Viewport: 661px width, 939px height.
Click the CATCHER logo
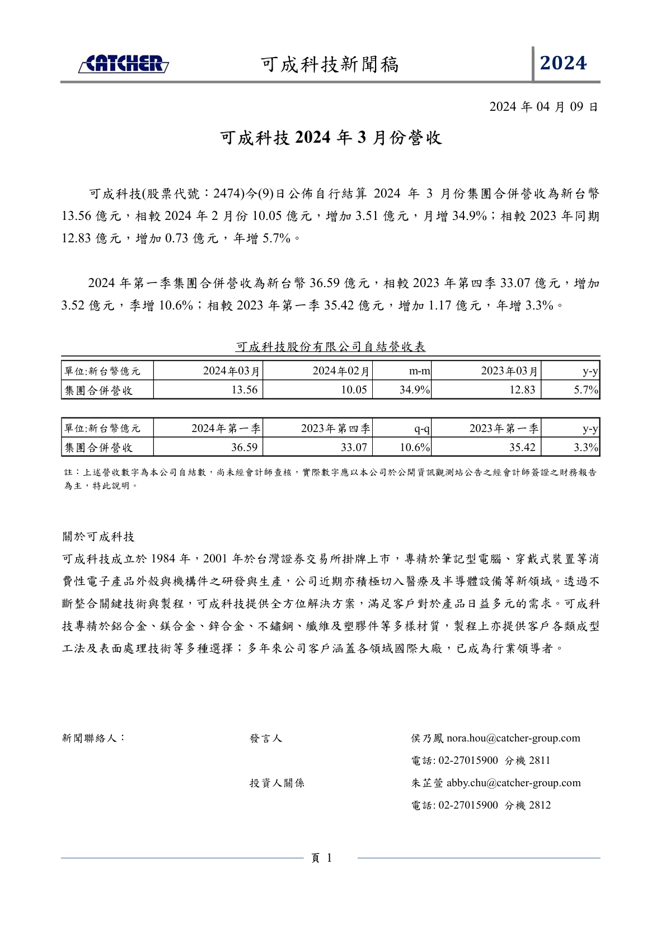click(x=124, y=64)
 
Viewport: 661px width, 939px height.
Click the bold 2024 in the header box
click(x=563, y=63)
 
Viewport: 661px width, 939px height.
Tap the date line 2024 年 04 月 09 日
click(x=543, y=107)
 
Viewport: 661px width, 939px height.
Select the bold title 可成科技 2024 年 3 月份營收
click(x=331, y=138)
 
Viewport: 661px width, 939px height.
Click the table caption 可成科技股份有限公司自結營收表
click(x=331, y=347)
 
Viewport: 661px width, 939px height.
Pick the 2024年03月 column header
click(x=231, y=371)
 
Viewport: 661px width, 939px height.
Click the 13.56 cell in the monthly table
click(x=245, y=390)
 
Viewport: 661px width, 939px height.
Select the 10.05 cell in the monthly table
click(x=354, y=390)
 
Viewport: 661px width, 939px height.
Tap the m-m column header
click(x=419, y=371)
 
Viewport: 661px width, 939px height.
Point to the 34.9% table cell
click(x=414, y=390)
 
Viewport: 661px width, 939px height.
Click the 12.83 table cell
click(x=522, y=390)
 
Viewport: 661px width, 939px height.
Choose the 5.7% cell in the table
click(x=586, y=390)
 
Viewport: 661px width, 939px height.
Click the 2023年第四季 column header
click(x=335, y=429)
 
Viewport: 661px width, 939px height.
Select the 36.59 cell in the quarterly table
click(x=245, y=448)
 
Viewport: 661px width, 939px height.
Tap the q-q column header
click(x=422, y=429)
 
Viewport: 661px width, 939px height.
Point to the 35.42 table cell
click(x=522, y=448)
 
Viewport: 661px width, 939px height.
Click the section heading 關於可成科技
click(x=99, y=537)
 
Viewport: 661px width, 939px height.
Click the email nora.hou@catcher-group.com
click(x=513, y=739)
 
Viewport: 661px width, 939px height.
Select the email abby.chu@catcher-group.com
click(x=513, y=783)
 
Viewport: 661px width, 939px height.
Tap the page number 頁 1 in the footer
click(x=322, y=858)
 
